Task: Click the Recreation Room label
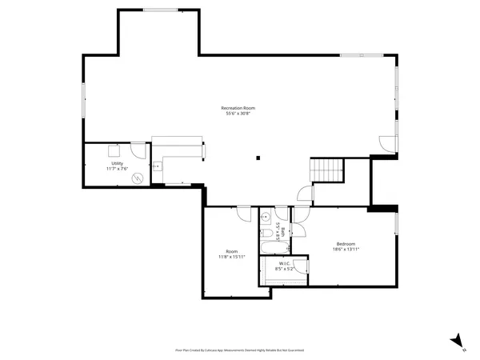click(238, 108)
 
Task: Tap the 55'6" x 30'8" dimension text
click(238, 114)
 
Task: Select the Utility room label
click(117, 163)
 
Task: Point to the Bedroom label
click(346, 244)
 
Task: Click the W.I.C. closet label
click(284, 264)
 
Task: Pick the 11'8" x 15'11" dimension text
click(232, 256)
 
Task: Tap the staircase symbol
click(326, 170)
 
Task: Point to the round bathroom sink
click(265, 215)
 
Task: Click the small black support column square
click(258, 157)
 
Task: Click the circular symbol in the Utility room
click(137, 178)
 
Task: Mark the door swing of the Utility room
click(139, 150)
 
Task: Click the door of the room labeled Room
click(243, 213)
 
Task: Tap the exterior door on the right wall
click(386, 143)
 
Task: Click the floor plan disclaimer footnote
click(240, 350)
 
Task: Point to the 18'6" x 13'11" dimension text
click(346, 250)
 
